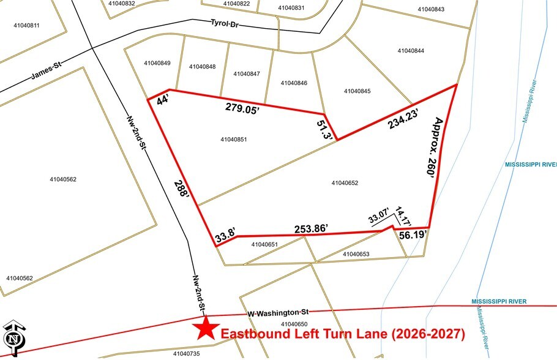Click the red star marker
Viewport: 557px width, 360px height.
pyautogui.click(x=205, y=329)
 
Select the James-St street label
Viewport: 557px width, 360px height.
pyautogui.click(x=48, y=75)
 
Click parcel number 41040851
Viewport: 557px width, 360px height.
pyautogui.click(x=233, y=140)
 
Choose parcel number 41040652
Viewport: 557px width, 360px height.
pyautogui.click(x=344, y=182)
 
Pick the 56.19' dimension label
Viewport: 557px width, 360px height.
pyautogui.click(x=413, y=234)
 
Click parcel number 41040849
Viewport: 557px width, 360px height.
pyautogui.click(x=157, y=63)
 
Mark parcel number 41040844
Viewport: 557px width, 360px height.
pyautogui.click(x=410, y=51)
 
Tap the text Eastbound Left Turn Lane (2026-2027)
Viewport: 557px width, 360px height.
pyautogui.click(x=342, y=334)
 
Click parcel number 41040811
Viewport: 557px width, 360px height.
pyautogui.click(x=26, y=25)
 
